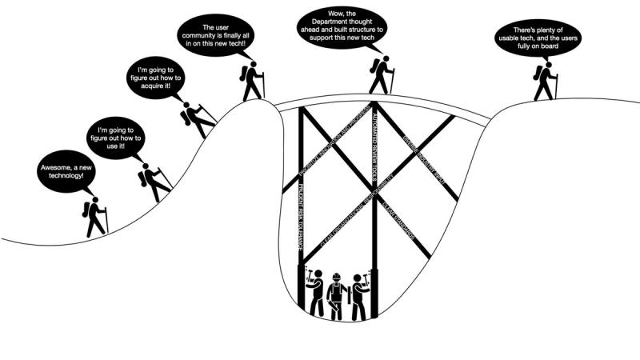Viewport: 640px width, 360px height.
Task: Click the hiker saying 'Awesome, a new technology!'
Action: (94, 217)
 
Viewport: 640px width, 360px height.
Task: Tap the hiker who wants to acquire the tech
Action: (197, 120)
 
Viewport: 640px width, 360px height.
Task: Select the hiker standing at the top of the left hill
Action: (252, 81)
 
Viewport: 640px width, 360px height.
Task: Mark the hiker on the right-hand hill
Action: (546, 81)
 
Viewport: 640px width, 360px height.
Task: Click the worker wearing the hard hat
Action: (337, 296)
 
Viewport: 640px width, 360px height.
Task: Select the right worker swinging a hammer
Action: (359, 296)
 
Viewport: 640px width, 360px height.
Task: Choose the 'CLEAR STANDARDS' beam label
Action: (399, 217)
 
